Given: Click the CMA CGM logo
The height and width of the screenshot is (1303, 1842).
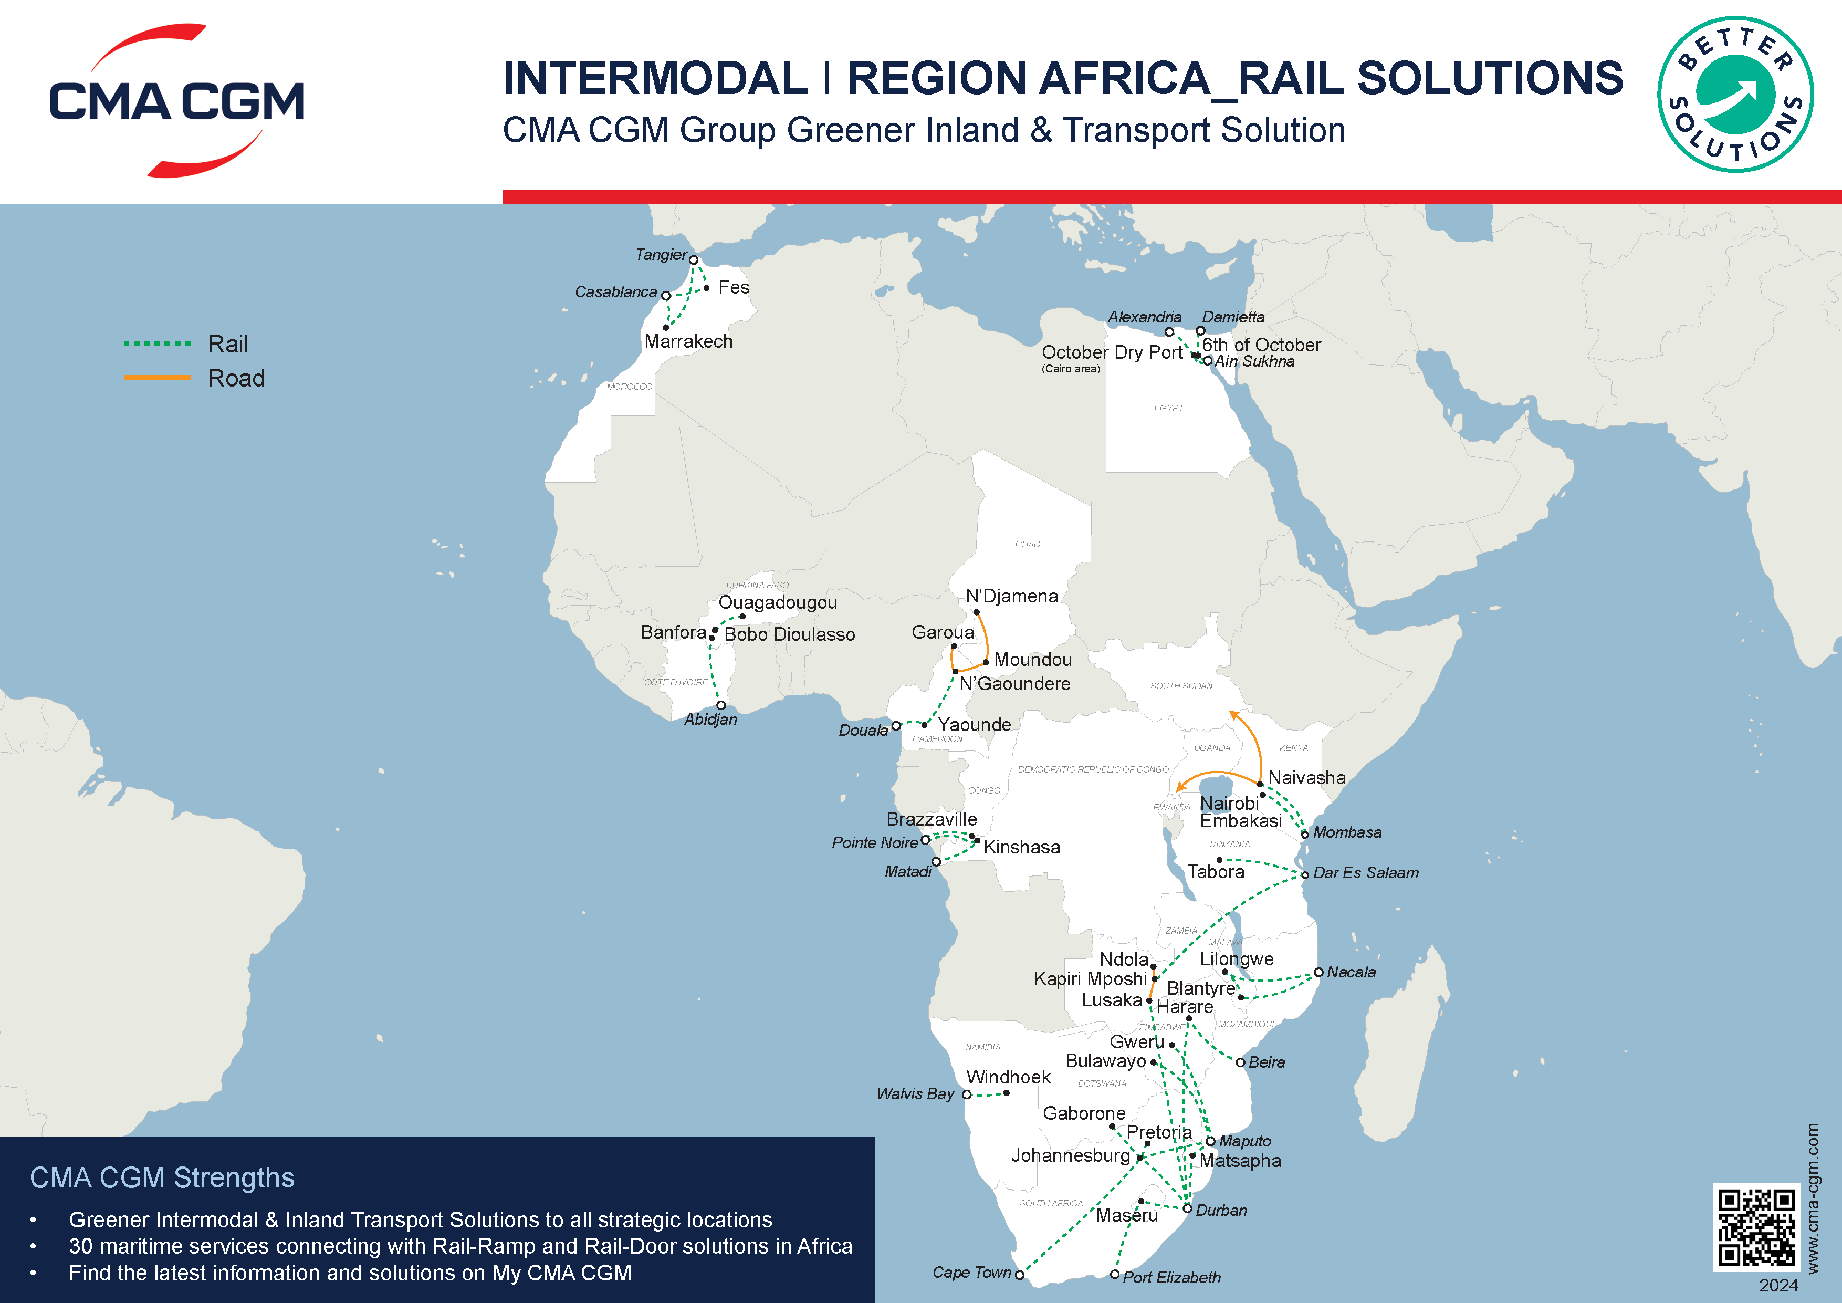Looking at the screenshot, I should tap(176, 100).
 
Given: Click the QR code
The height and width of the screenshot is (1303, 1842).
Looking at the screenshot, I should tap(1755, 1227).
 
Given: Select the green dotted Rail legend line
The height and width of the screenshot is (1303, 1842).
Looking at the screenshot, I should tap(157, 343).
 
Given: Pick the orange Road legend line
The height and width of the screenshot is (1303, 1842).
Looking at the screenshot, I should tap(157, 377).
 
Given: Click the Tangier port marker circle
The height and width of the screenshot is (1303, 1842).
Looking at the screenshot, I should tap(694, 260).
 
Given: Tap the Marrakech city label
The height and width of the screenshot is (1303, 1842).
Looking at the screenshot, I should tap(688, 342).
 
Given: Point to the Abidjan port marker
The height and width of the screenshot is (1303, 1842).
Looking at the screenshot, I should tap(721, 705).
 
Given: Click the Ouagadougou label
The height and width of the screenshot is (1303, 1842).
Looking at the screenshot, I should tap(778, 602).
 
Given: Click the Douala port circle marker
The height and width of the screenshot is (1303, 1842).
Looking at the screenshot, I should tap(896, 726).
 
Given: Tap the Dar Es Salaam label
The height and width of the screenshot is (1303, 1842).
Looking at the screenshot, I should tap(1365, 873).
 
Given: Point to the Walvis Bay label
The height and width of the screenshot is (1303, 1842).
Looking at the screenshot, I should tap(915, 1093).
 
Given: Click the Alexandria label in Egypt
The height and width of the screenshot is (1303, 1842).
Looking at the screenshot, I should tap(1144, 317).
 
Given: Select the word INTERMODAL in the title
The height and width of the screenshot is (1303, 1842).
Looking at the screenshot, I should tap(655, 79).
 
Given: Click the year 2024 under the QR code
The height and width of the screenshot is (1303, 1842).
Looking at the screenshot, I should tap(1778, 1285).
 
